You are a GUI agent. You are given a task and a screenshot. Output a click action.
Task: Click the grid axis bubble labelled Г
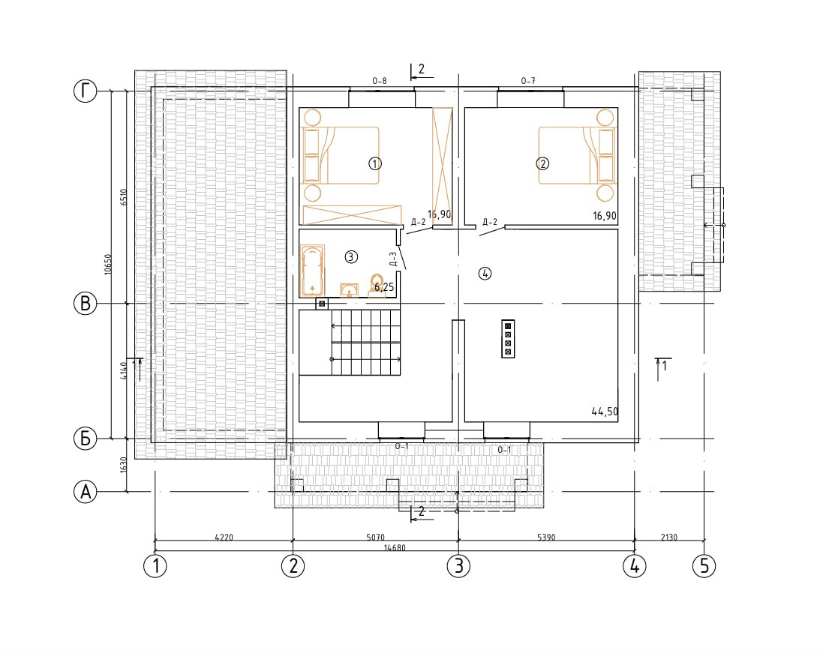point(85,91)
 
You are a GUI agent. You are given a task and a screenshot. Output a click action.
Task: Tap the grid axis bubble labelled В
point(85,304)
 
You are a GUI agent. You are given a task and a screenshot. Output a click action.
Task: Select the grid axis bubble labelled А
point(85,492)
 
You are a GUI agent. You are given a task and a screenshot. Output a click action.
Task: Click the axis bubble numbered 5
point(704,565)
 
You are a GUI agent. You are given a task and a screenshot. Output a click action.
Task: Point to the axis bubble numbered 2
point(293,565)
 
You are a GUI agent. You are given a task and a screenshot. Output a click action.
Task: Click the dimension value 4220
point(224,537)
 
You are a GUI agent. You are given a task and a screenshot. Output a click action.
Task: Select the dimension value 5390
point(546,537)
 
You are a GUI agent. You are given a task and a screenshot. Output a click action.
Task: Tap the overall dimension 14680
point(395,548)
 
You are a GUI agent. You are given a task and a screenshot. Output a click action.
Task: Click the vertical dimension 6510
point(123,197)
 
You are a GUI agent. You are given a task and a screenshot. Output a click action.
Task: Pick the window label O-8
point(380,81)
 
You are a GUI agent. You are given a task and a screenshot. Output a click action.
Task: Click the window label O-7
point(528,81)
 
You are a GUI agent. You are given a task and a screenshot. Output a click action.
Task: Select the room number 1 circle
point(374,163)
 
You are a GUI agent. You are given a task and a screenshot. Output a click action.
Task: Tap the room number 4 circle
point(485,274)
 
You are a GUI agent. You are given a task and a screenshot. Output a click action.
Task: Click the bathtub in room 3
point(312,271)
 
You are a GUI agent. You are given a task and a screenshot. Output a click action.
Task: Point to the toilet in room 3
point(377,285)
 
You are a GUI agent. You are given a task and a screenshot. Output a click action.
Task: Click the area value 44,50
point(605,412)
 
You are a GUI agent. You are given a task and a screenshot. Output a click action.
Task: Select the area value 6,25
point(384,288)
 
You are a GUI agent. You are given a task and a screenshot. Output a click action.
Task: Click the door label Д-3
point(392,259)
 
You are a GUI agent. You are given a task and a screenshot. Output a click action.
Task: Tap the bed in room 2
point(577,155)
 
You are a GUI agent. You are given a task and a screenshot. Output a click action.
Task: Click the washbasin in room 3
point(349,290)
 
